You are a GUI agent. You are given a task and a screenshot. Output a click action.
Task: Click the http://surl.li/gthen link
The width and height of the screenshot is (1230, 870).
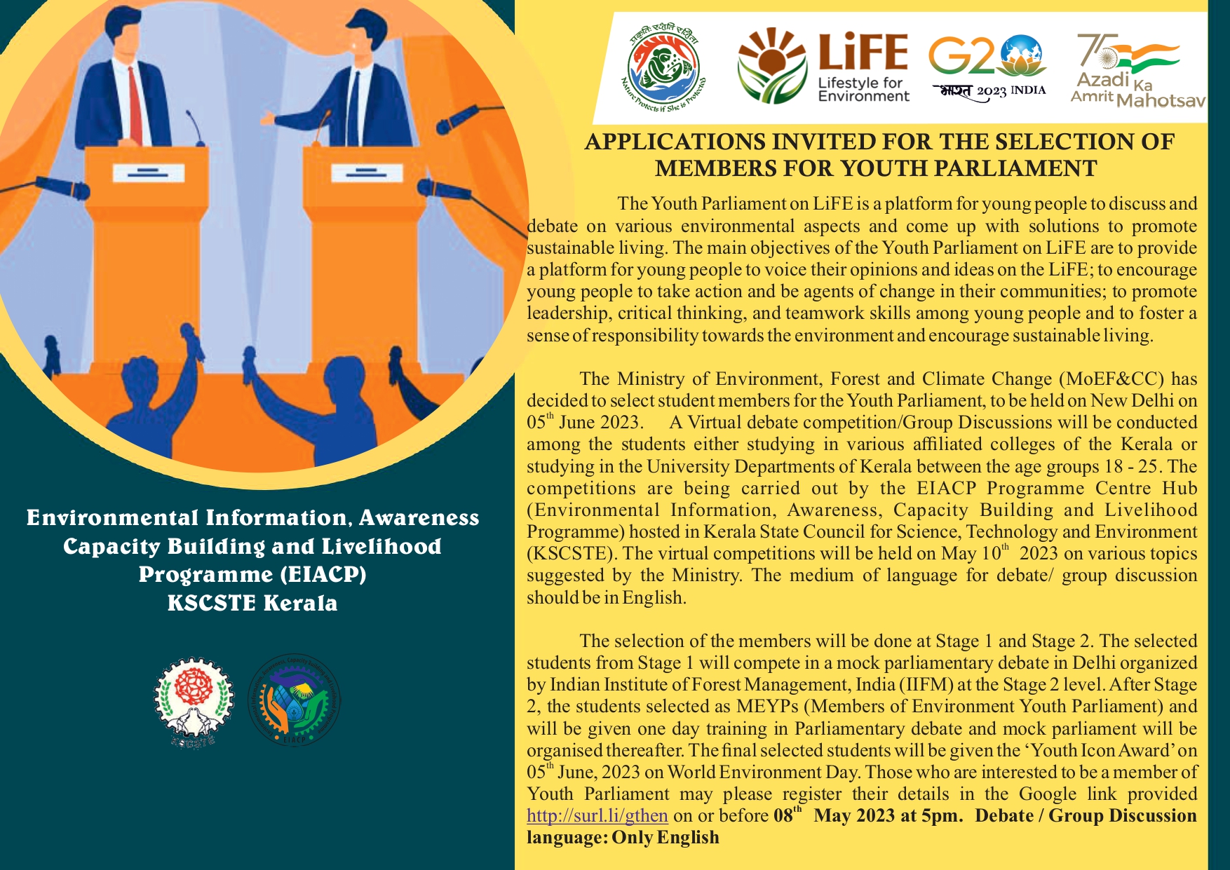[x=597, y=816]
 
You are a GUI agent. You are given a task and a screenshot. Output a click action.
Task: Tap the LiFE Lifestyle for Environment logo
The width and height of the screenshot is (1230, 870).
[x=823, y=68]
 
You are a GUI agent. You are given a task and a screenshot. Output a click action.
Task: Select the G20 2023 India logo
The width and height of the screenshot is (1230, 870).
[x=987, y=68]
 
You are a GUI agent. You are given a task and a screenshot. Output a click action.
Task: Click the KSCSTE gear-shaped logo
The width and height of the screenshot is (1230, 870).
[x=193, y=701]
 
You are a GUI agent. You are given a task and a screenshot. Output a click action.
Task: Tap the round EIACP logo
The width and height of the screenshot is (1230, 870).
[x=295, y=700]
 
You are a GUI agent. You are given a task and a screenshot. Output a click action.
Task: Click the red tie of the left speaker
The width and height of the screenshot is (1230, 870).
[x=135, y=105]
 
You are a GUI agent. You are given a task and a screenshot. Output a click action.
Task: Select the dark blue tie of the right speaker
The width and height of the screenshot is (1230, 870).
[x=355, y=109]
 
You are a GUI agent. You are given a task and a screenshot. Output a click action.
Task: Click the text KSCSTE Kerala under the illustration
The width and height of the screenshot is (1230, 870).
[x=252, y=603]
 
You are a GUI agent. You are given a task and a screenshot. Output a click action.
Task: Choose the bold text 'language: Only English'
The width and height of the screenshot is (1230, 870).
[x=623, y=838]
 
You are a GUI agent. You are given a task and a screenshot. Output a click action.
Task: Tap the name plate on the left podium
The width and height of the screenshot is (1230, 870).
[x=148, y=172]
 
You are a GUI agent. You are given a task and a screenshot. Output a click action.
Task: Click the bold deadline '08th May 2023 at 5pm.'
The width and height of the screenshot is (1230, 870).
[x=868, y=816]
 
